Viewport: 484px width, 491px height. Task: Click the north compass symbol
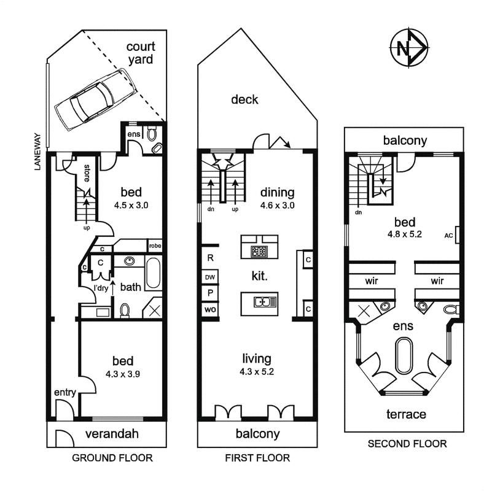coord(409,48)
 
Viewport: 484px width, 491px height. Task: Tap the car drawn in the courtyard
coord(96,99)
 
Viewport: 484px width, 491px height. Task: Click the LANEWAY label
coord(37,152)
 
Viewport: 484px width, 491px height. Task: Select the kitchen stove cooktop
coord(259,251)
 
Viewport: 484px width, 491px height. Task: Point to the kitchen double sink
coord(265,302)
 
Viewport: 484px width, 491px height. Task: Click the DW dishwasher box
coord(209,277)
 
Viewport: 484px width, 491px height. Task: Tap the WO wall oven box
coord(209,310)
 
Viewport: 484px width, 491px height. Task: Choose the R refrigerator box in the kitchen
coord(210,258)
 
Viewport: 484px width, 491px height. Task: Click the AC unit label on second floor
coord(448,236)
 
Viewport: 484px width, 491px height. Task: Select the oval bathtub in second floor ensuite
coord(404,355)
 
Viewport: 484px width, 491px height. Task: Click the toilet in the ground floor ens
coord(152,134)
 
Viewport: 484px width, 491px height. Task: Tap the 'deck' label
coord(244,99)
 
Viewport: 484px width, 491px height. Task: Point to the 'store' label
coord(87,173)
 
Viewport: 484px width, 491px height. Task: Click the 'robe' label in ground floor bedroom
coord(155,246)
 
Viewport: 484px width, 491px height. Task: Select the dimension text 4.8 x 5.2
coord(404,234)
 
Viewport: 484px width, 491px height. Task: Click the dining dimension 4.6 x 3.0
coord(277,206)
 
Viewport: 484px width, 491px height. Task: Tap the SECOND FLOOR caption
coord(407,444)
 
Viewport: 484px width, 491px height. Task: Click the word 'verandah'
coord(112,434)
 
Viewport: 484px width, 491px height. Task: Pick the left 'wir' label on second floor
coord(372,281)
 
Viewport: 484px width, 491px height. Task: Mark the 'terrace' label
coord(406,414)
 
